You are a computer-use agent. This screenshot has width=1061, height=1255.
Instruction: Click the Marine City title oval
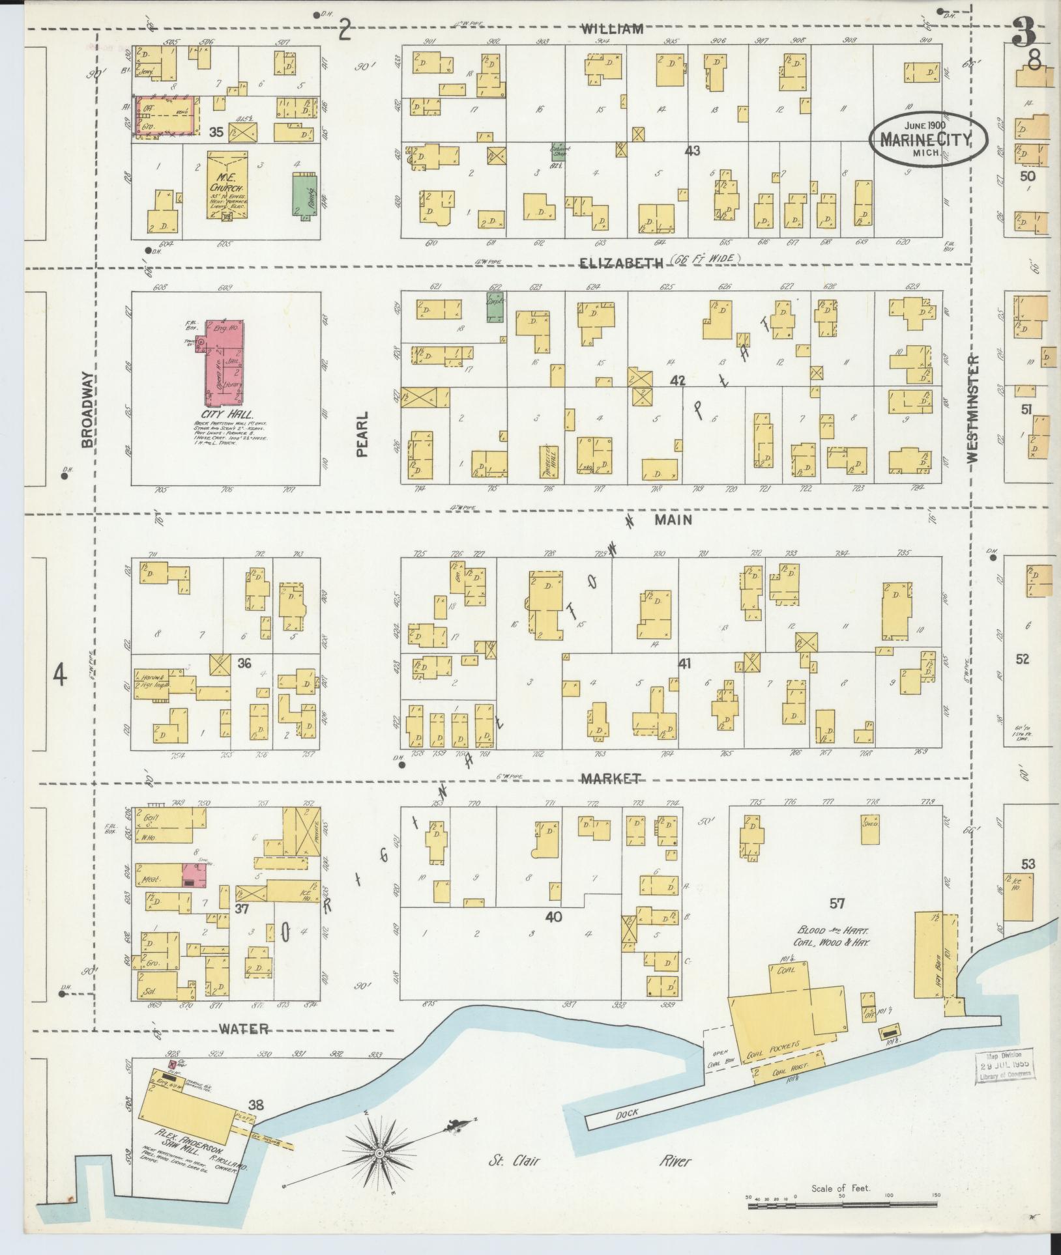coord(927,139)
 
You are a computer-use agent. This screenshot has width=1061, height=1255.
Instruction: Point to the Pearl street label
coord(362,434)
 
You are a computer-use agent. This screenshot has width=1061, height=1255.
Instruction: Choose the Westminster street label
coord(974,409)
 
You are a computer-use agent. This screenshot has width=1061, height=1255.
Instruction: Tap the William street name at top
coord(612,29)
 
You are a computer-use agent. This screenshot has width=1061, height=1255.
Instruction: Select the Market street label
coord(611,778)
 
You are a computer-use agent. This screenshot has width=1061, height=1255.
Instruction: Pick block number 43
coord(692,150)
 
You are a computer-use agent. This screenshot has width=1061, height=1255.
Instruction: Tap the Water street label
coord(243,1029)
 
